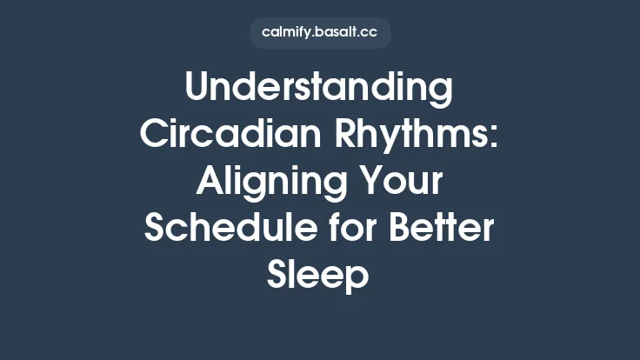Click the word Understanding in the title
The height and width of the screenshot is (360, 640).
pos(320,90)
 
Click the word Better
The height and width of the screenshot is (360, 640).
pos(444,230)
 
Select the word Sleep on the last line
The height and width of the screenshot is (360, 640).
pos(320,277)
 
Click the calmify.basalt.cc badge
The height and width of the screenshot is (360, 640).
pos(320,33)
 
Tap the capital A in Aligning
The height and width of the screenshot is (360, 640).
pos(209,183)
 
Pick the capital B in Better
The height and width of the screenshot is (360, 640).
pos(403,230)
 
